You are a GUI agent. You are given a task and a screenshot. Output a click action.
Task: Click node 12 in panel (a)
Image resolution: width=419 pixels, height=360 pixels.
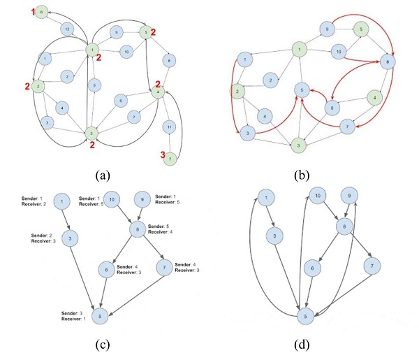coord(67,29)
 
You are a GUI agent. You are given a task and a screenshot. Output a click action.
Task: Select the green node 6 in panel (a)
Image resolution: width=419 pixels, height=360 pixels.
coord(41,12)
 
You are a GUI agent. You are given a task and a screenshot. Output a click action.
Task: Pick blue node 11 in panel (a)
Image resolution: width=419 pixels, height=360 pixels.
coord(168,127)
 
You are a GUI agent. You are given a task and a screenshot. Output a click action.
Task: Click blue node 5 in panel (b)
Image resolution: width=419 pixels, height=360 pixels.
coord(300,90)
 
